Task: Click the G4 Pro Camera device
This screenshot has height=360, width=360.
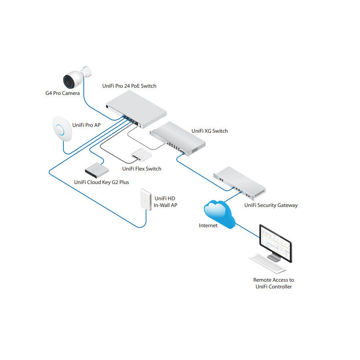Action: pos(77,77)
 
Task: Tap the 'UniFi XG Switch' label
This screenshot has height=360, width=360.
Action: pos(210,131)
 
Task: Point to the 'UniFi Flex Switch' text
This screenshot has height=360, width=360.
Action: pos(141,169)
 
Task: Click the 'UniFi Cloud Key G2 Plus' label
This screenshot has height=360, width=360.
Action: pos(101,182)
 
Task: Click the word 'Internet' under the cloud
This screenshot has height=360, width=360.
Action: pos(208,225)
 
